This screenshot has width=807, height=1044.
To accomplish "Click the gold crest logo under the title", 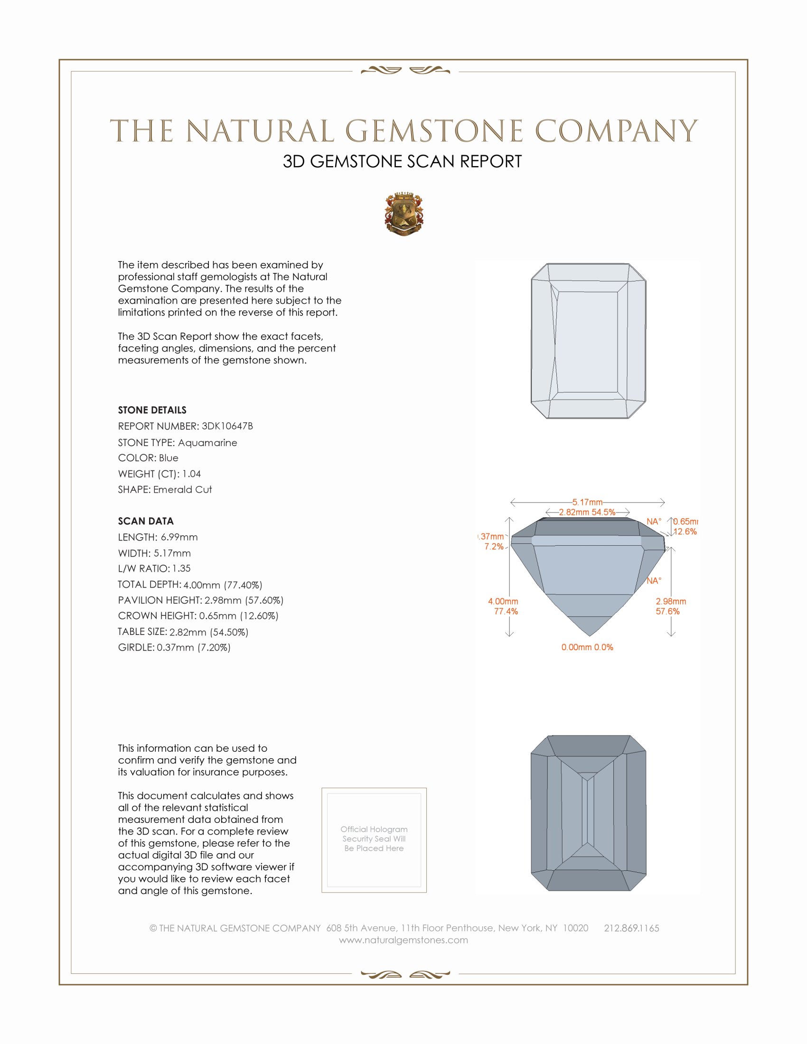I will pos(404,214).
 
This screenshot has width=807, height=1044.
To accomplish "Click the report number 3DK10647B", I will pos(227,426).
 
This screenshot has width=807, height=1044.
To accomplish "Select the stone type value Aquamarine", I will pos(207,443).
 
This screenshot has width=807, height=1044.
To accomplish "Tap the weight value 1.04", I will pos(191,474).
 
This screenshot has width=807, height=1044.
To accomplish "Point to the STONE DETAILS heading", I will pos(152,410).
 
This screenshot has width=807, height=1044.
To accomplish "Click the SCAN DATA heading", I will pos(146,521).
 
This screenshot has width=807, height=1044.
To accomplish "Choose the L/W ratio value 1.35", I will pos(181,569).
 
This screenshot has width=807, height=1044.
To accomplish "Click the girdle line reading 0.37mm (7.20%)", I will pos(174,647).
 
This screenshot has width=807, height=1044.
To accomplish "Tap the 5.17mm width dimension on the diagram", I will pos(587,502).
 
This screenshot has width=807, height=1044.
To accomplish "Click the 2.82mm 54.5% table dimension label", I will pos(587,512).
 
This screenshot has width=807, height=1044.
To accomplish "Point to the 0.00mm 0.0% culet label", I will pos(587,647).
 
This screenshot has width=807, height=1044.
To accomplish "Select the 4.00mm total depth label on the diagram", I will pos(503,601).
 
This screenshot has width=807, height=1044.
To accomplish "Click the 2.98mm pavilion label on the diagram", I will pos(670,601).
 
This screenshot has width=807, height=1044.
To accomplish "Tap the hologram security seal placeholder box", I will pos(374,840).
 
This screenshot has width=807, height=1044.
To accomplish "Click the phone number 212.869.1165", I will pos(631,928).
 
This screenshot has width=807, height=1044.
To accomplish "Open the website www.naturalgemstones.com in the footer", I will pos(403,940).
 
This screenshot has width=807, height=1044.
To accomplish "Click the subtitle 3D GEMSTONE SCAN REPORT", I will pos(402,161).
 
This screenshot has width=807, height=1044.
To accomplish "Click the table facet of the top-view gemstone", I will pos(588,341).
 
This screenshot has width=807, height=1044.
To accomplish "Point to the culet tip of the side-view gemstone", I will pos(589,635).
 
